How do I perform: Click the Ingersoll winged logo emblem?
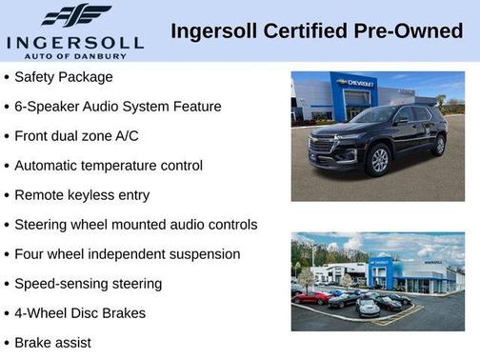point(76,16)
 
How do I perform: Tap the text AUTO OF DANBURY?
point(75,56)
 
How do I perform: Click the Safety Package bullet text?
point(64,77)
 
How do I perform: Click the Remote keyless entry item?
point(82,195)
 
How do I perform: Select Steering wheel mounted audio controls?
point(136,225)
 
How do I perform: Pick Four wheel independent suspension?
point(128,254)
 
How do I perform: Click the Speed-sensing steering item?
point(89,284)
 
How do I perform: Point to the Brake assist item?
point(53,342)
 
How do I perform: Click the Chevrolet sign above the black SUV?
point(354,84)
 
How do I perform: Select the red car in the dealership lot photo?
point(311,297)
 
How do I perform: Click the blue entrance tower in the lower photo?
point(382,273)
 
